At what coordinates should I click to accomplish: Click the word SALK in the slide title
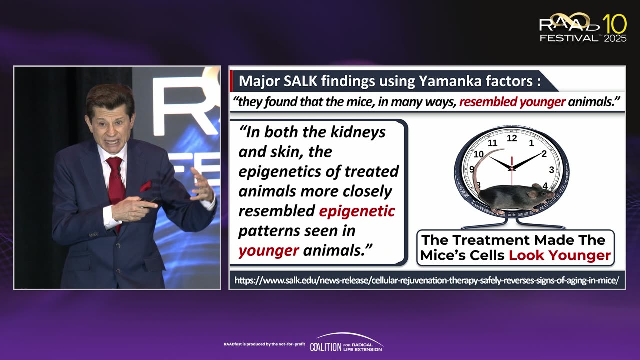pos(300,81)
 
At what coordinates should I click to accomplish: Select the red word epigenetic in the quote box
pos(357,211)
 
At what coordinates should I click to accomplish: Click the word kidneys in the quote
pos(358,132)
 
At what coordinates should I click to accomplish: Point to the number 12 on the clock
pos(512,138)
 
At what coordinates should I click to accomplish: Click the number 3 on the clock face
pos(551,170)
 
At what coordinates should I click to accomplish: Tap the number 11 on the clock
pos(492,143)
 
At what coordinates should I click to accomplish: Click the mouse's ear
pos(532,194)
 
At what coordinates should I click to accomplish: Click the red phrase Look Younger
pos(560,255)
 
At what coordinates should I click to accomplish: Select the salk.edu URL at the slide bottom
pos(427,280)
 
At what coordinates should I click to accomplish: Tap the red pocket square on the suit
pos(145,187)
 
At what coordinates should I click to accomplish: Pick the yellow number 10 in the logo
pos(615,24)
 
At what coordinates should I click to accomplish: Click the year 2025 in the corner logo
pos(615,38)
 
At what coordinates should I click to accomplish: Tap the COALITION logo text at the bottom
pos(326,347)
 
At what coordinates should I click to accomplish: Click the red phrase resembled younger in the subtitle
pos(512,102)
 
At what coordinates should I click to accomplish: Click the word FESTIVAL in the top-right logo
pos(569,38)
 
